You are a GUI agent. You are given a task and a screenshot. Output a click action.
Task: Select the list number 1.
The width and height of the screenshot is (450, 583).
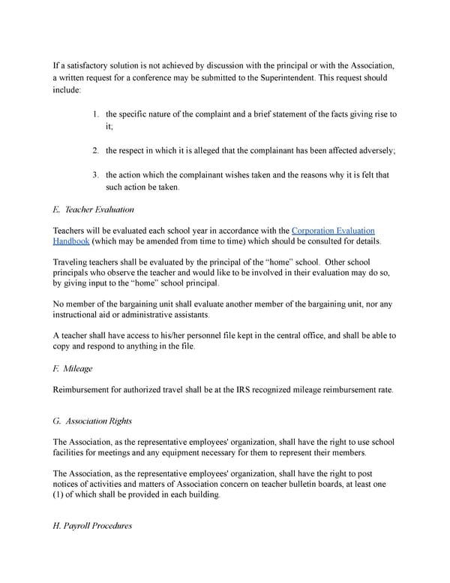tap(95, 114)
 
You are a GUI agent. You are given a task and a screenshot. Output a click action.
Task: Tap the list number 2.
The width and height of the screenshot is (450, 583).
tap(95, 150)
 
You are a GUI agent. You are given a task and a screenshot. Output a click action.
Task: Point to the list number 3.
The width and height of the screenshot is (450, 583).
tap(95, 175)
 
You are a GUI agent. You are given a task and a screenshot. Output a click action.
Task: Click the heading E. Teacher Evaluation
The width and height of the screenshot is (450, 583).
tap(94, 210)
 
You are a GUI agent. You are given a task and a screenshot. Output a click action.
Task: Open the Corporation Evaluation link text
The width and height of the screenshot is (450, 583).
tap(333, 230)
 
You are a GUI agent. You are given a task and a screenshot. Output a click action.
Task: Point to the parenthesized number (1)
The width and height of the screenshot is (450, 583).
tap(59, 496)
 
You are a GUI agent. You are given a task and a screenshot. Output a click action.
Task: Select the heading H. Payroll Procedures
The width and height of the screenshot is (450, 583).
tap(92, 526)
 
